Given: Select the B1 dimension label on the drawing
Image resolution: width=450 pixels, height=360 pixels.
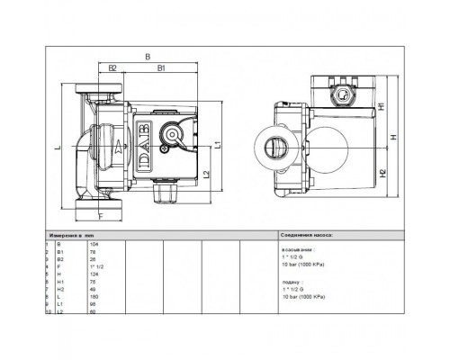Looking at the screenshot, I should [161, 67].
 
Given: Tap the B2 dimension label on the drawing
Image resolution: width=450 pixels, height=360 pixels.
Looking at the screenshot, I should [113, 67].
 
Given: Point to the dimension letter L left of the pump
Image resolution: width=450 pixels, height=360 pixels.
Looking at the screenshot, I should [56, 148].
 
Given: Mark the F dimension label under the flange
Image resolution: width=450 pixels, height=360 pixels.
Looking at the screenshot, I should [99, 217].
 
